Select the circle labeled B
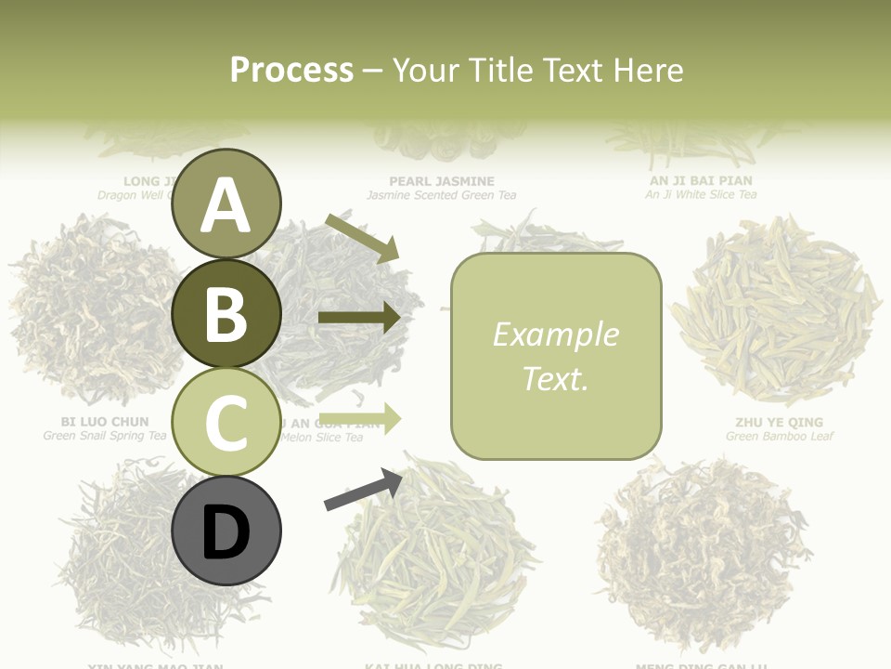tap(226, 313)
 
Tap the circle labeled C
tap(226, 423)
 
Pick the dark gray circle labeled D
tap(226, 531)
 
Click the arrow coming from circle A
tap(362, 237)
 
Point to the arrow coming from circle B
tap(359, 318)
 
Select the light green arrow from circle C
tap(359, 418)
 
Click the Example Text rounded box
tap(556, 356)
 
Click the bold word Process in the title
tap(291, 70)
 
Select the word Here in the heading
tap(645, 70)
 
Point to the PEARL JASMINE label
tap(442, 181)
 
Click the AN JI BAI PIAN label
tap(701, 180)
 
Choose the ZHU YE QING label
tap(779, 423)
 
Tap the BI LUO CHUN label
tap(104, 422)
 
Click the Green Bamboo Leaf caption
tap(780, 436)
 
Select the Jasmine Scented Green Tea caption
tap(442, 195)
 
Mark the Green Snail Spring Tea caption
tap(105, 435)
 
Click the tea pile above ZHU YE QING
tap(775, 311)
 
